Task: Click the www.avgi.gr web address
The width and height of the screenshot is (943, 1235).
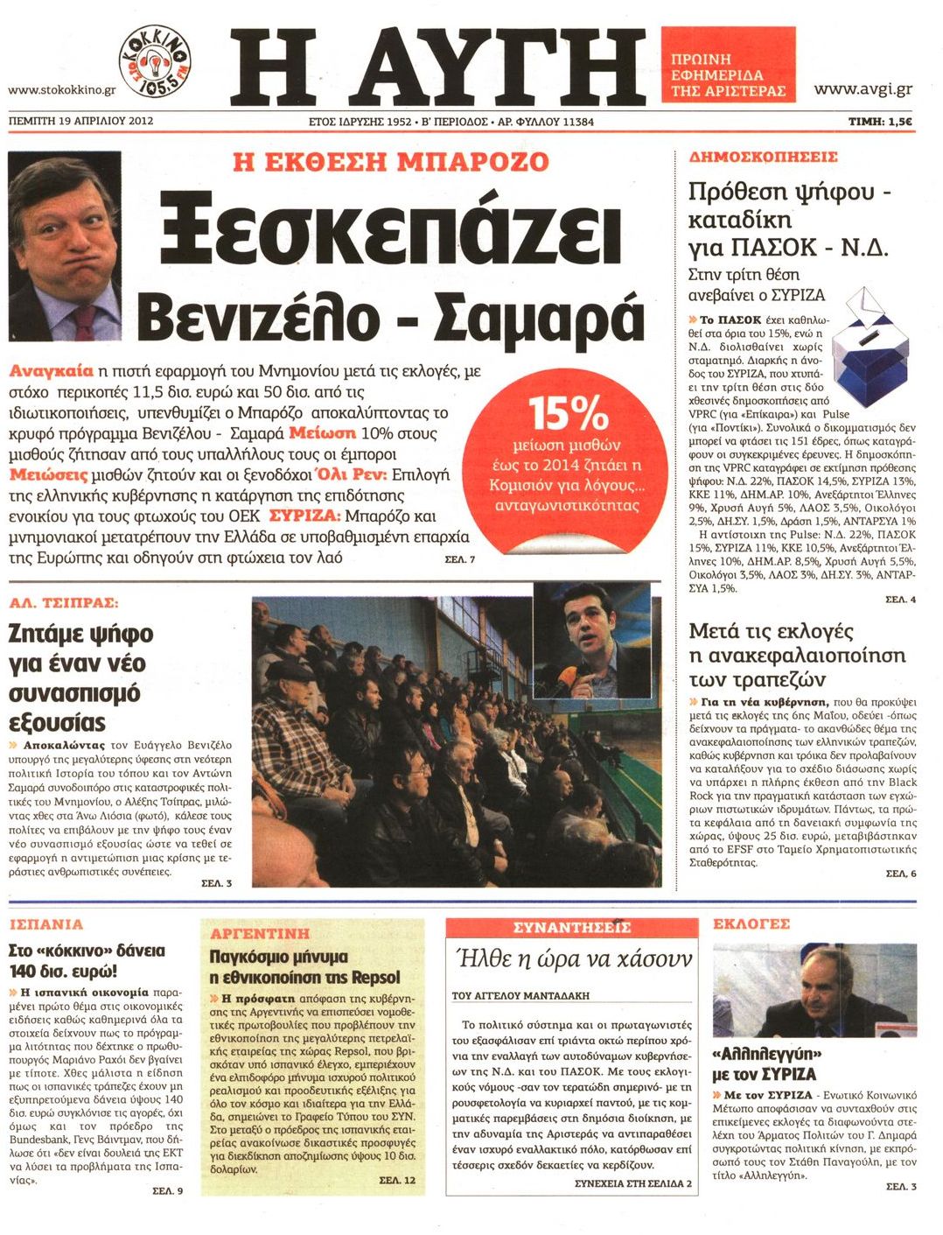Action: [863, 89]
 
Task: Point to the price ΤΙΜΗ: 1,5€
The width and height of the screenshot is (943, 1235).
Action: [879, 122]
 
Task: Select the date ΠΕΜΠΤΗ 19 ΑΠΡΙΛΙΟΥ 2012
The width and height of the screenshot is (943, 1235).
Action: [80, 121]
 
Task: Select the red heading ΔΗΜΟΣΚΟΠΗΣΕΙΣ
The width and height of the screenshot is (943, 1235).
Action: [763, 158]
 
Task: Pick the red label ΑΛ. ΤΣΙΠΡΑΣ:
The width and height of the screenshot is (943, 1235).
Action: [63, 603]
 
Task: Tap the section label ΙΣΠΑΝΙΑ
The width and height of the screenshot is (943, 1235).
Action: [45, 924]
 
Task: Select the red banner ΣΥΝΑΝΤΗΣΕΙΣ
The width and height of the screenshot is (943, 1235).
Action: [571, 928]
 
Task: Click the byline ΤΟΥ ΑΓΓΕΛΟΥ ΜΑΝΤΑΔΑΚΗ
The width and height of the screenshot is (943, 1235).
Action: [520, 995]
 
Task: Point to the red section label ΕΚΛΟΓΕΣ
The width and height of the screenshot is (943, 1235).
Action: [751, 924]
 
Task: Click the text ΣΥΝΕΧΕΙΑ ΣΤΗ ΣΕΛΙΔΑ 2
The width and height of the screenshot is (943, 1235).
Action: [633, 1183]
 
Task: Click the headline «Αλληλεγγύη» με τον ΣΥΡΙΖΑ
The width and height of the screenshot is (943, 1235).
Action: [768, 1063]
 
